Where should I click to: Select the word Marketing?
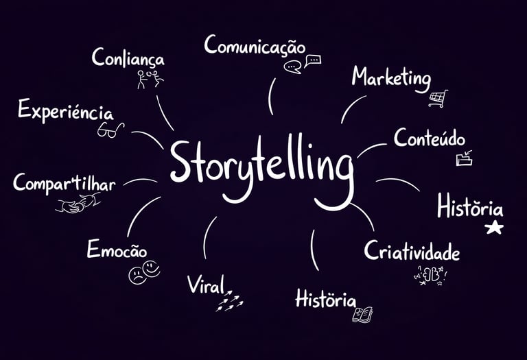point(391,78)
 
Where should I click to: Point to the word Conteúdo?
point(430,138)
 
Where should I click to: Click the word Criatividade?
point(412,252)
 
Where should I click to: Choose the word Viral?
point(205,285)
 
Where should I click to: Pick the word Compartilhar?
point(65,184)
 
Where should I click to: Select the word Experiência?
point(66,110)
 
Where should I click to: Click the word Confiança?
point(128,58)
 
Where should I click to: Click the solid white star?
point(494,228)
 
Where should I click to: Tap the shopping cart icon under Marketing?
point(438,99)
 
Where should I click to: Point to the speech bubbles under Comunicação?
point(303,64)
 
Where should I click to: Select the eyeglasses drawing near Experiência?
point(110,130)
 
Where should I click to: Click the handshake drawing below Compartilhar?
point(78,203)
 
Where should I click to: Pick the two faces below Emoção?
point(144,272)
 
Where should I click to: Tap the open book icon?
point(363,314)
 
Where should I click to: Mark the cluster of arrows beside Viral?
point(230,300)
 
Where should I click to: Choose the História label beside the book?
point(325,300)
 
